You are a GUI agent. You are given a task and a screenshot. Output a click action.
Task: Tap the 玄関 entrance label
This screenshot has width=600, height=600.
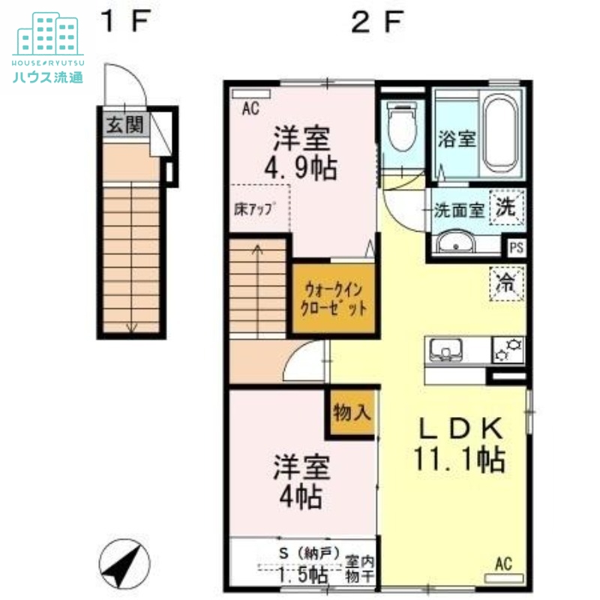pos(124,124)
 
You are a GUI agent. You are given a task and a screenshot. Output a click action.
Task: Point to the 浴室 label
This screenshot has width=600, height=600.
pos(456,139)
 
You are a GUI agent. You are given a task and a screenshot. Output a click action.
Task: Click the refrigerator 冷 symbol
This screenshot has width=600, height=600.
pos(507,283)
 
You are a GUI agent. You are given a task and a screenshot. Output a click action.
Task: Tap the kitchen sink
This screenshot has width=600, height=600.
pos(447,349)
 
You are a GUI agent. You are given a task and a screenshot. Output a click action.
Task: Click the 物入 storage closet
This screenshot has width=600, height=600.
pos(349,413)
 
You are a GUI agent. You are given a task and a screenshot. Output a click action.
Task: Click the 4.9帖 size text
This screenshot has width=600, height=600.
pos(304,166)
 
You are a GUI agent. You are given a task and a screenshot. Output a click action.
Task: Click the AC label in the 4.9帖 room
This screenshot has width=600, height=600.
pos(250,109)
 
